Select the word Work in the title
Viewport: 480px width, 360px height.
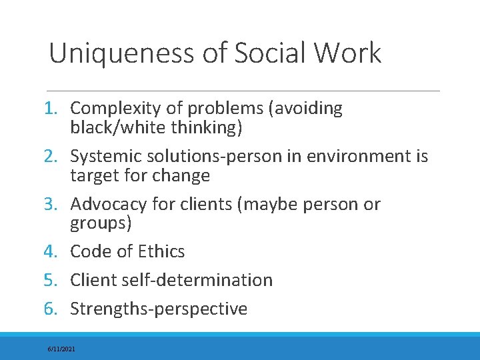click(x=352, y=53)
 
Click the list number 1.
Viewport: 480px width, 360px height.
click(x=57, y=109)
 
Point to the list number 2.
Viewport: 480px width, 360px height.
click(x=57, y=157)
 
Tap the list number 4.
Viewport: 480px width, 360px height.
click(x=57, y=252)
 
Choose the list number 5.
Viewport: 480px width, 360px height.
click(x=57, y=281)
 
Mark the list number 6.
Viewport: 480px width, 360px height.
click(x=57, y=309)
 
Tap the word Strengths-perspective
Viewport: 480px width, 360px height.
click(x=159, y=309)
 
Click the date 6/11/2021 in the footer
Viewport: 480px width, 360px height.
click(x=61, y=349)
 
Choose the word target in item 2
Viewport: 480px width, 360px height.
click(x=91, y=176)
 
